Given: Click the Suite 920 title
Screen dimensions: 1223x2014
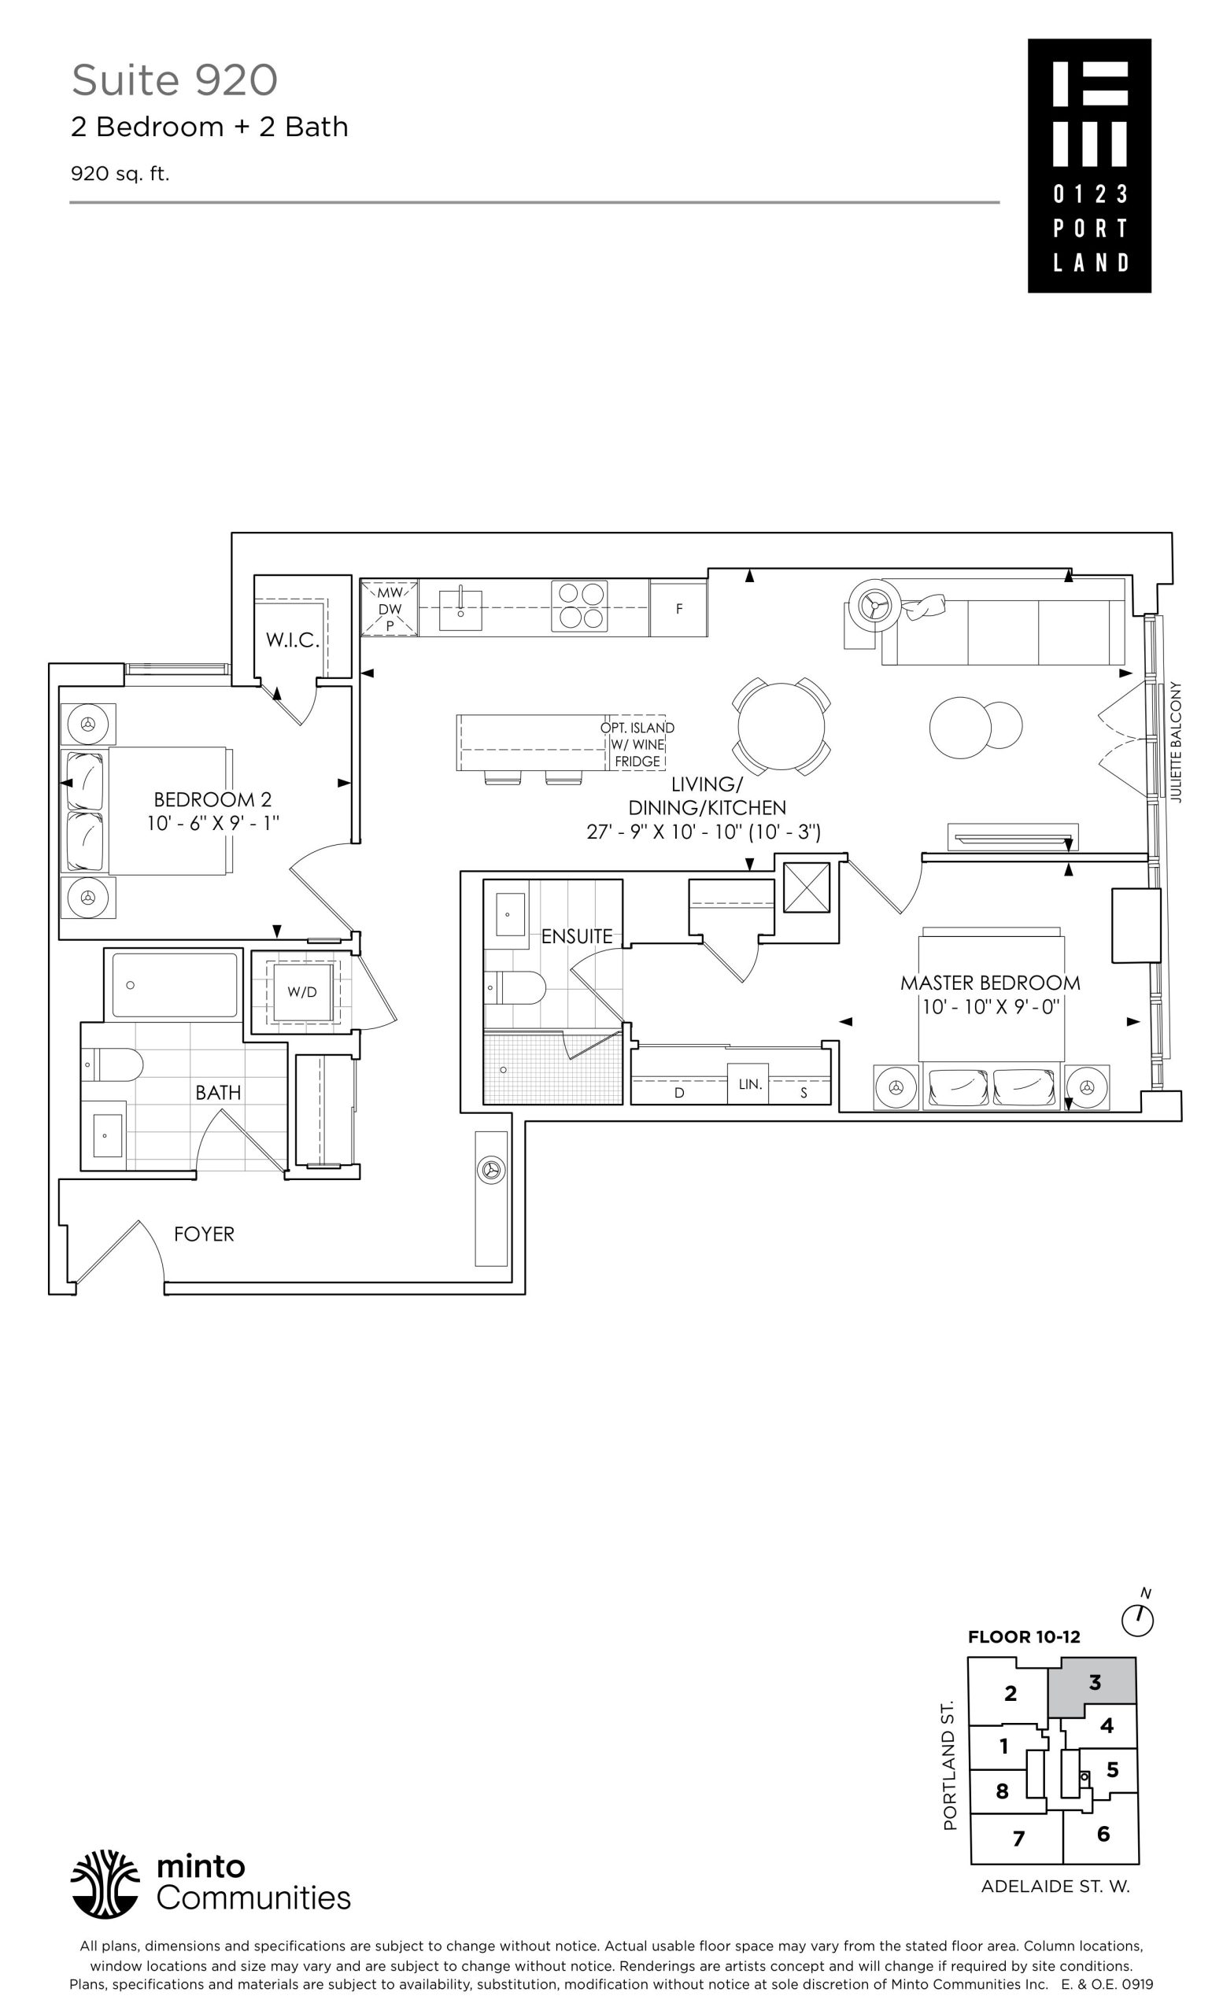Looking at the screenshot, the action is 174,80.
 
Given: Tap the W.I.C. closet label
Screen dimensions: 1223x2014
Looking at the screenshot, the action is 292,640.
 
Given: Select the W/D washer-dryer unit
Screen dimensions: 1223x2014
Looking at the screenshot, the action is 301,991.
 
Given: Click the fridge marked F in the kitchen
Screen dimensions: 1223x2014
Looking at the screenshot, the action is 678,609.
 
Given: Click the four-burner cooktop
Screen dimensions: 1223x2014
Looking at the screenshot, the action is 578,607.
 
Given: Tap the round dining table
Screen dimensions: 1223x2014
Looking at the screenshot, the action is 781,726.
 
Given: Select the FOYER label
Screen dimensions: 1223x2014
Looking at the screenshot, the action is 205,1234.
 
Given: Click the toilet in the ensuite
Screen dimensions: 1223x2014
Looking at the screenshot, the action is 514,987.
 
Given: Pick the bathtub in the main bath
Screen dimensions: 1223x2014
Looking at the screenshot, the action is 174,985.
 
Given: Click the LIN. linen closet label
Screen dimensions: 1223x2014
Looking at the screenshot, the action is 751,1085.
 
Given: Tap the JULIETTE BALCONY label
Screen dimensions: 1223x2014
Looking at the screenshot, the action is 1177,742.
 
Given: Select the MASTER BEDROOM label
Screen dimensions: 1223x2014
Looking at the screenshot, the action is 990,983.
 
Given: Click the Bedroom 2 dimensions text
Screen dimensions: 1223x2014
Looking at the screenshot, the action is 212,823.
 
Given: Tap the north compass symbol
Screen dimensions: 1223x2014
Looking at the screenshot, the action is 1137,1620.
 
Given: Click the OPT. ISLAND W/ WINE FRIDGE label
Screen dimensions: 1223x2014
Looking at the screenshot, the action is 637,744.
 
